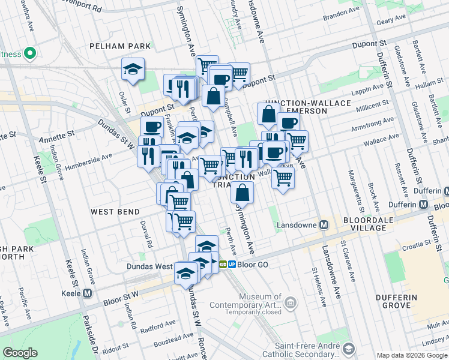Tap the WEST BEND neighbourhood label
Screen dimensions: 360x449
point(115,212)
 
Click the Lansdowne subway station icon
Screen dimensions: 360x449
point(324,225)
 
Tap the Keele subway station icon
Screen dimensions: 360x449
point(88,293)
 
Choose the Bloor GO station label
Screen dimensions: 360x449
point(247,264)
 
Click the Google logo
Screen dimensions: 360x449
point(20,353)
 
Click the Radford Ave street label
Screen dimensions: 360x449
point(157,326)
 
